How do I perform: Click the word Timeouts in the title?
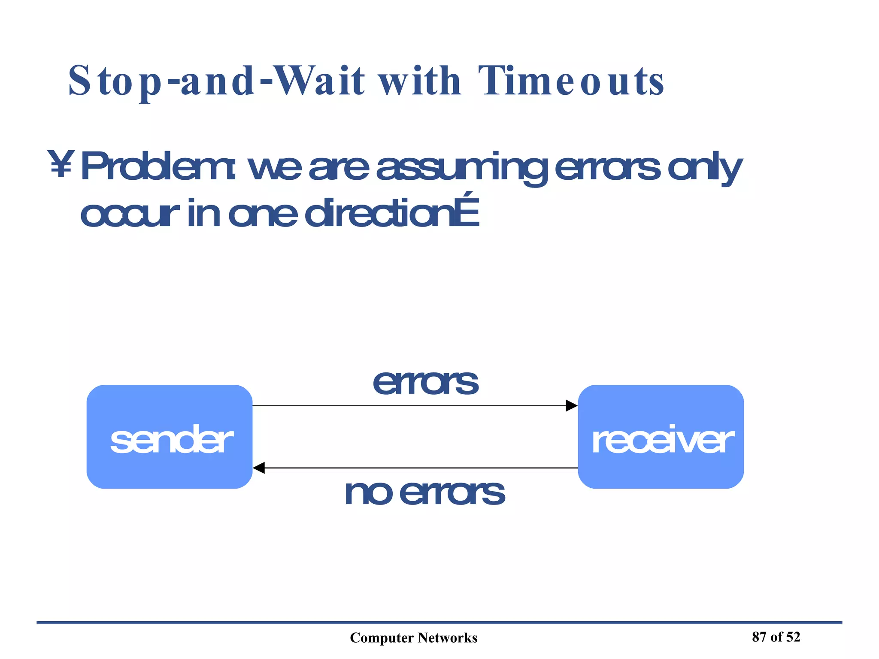(571, 82)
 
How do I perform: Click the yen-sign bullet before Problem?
(61, 164)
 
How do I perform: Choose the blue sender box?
(170, 437)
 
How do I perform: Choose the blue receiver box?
(661, 437)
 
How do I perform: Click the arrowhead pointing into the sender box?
(259, 468)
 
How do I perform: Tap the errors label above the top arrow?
(425, 382)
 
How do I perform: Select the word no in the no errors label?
(368, 493)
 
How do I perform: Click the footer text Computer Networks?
(413, 638)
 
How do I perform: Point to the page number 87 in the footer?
(759, 637)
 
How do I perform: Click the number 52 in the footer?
(793, 637)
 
